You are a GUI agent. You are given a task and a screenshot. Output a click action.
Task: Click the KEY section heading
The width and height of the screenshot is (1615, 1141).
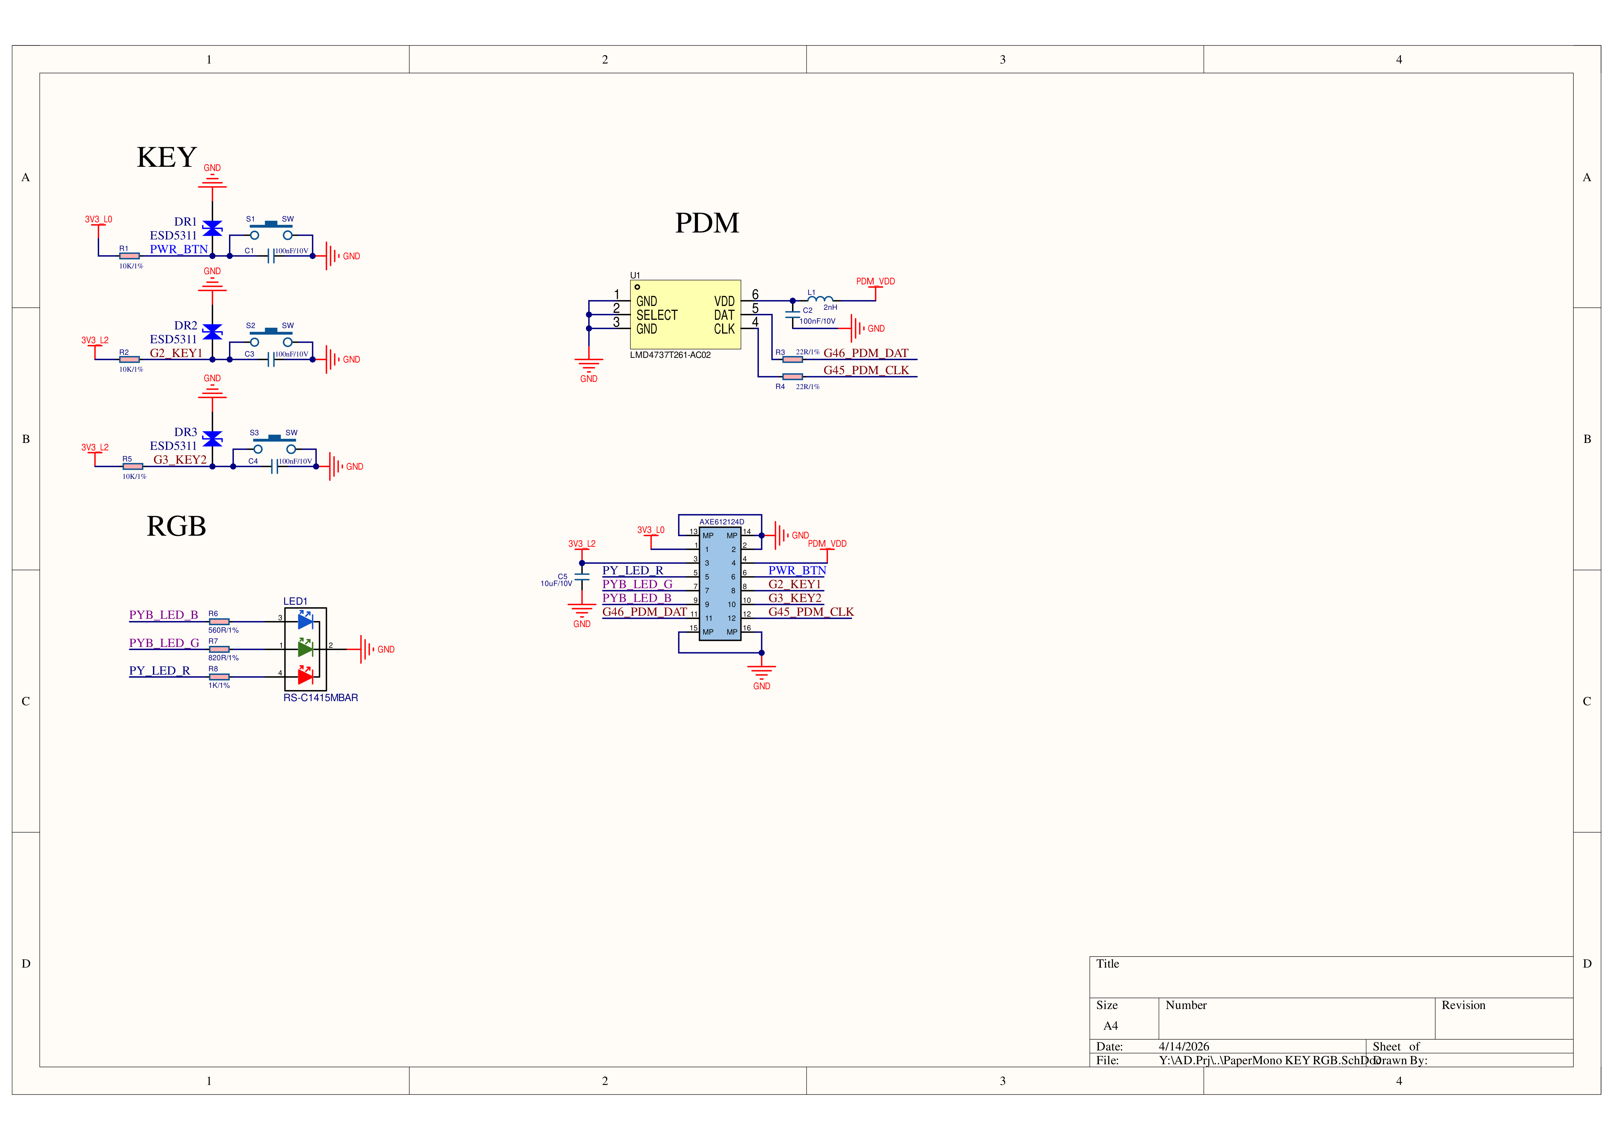tap(167, 158)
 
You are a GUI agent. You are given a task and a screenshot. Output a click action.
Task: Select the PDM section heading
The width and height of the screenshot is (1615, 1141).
tap(707, 223)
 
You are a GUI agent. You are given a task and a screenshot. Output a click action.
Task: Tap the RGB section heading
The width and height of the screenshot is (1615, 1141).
tap(176, 526)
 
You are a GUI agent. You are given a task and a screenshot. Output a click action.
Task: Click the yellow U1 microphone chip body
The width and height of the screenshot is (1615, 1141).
tap(685, 315)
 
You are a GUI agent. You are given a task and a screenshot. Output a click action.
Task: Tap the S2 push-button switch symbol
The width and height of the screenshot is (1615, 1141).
tap(271, 336)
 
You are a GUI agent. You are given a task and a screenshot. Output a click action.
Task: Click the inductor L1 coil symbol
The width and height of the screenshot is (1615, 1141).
tap(820, 299)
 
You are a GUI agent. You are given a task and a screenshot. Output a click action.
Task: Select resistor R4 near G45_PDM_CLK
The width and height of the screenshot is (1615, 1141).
tap(793, 377)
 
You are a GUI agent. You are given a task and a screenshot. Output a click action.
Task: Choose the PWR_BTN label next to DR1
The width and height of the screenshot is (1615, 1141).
tap(179, 249)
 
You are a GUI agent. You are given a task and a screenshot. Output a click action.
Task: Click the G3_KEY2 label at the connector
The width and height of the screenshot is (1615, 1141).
tap(795, 598)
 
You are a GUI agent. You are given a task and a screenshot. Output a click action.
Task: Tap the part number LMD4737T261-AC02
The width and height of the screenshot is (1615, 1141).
tap(670, 355)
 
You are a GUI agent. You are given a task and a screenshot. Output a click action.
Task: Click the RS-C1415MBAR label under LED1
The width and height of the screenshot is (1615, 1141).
tap(321, 698)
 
